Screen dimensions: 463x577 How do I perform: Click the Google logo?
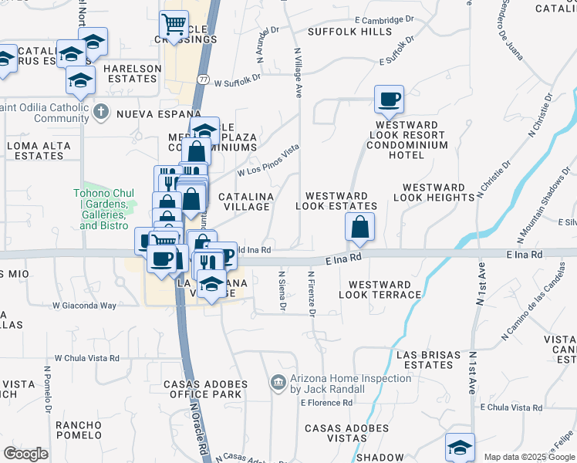coord(25,453)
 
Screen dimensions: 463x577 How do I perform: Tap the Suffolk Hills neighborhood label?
coord(349,32)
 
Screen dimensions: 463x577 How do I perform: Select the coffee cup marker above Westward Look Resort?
coord(389,99)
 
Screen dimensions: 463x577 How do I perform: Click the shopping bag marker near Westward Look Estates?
coord(359,227)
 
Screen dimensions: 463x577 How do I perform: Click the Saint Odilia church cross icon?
coord(100,113)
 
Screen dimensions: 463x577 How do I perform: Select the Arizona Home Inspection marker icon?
coord(278,383)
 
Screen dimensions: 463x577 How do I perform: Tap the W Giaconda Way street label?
coord(84,306)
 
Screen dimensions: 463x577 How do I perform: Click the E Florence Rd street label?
coord(326,403)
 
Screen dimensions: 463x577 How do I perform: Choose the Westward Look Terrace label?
coord(380,290)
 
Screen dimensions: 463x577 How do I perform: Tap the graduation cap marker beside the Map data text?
coord(460,448)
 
